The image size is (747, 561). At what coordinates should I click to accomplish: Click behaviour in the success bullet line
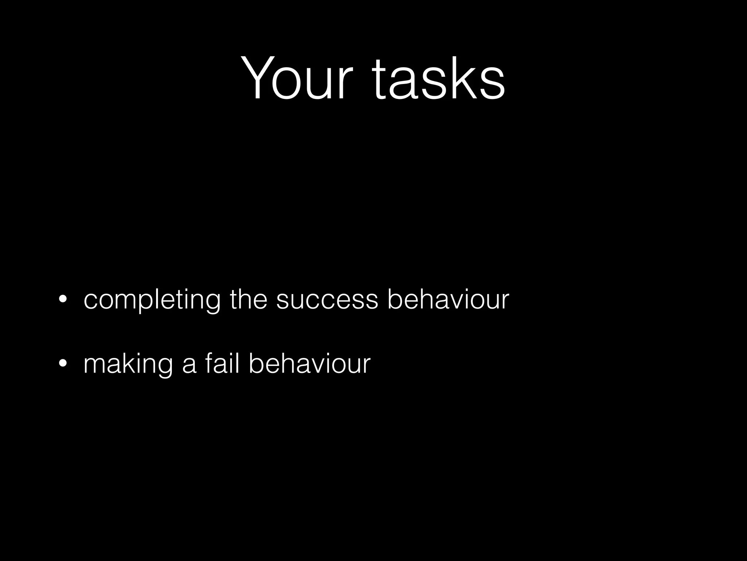pos(448,299)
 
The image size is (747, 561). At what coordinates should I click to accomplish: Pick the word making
pos(128,364)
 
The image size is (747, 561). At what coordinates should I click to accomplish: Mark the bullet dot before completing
pos(63,300)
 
